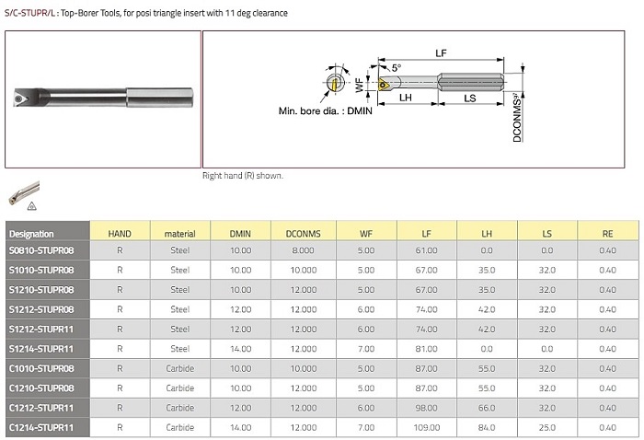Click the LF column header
[426, 234]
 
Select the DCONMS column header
[303, 234]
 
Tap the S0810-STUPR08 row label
[41, 250]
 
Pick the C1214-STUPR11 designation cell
[41, 428]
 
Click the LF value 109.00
[426, 428]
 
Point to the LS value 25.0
[547, 428]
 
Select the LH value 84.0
[487, 428]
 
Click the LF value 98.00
[426, 408]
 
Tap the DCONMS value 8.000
[303, 250]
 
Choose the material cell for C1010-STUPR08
[180, 368]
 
